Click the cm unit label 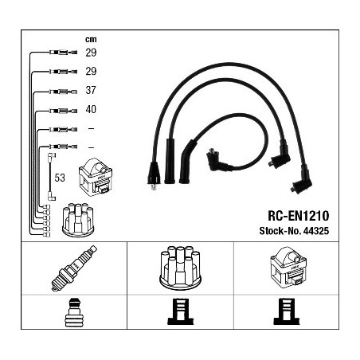[x=91, y=40]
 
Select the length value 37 [x=91, y=90]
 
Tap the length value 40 [x=91, y=109]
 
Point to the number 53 [x=60, y=178]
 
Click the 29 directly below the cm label [x=91, y=53]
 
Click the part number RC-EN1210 [x=299, y=216]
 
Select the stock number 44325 [x=316, y=231]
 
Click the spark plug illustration [x=74, y=268]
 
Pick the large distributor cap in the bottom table [x=180, y=267]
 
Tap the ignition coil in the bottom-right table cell [x=288, y=268]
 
